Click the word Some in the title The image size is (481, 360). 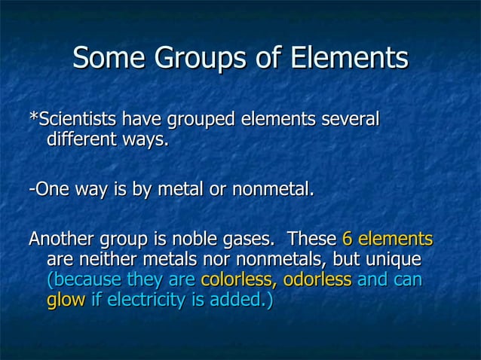tap(109, 57)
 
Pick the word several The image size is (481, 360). tap(350, 119)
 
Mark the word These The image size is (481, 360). tap(312, 239)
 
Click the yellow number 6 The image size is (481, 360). tap(348, 239)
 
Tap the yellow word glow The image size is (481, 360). tap(66, 301)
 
